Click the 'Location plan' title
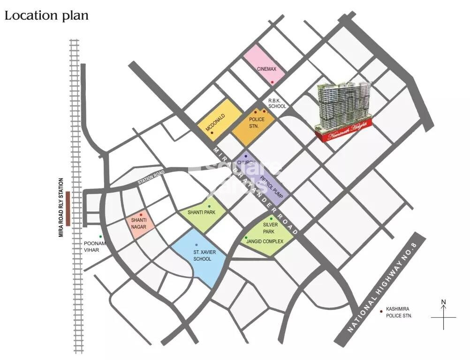(46, 15)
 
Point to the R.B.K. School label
(277, 104)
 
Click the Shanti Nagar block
(139, 224)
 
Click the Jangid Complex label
(265, 241)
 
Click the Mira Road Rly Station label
(61, 207)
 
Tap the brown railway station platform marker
(68, 209)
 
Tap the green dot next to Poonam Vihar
(100, 237)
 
